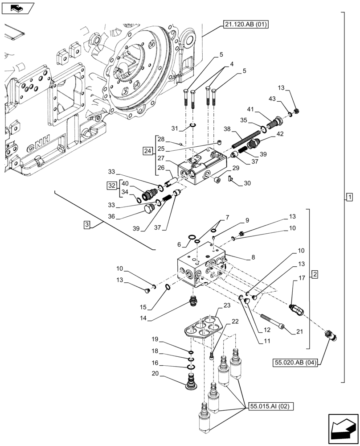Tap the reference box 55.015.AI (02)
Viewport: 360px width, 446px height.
[x=269, y=407]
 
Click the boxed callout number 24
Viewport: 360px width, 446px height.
[x=147, y=151]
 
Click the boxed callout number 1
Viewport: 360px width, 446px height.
[x=350, y=197]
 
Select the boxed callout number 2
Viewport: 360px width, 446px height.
[x=315, y=274]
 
